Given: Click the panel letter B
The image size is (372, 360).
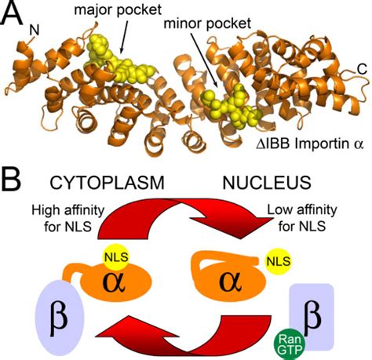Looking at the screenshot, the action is coord(11,181).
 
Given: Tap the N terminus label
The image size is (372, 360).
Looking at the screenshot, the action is coord(34,31).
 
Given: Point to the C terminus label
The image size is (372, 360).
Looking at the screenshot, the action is coord(362,69).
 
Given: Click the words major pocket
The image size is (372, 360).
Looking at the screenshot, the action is coord(118,10).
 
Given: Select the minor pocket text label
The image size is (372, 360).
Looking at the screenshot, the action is coord(207,24).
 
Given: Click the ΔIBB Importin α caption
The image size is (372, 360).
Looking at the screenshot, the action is coord(310,144).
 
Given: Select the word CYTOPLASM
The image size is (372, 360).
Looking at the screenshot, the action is coord(107,182).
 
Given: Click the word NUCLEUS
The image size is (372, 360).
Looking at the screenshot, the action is coord(267,182).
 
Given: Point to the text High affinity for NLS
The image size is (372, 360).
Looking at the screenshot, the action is coord(68,218).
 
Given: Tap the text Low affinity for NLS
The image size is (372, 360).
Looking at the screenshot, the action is coord(302,218).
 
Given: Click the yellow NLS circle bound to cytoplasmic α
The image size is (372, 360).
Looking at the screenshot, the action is coord(116,257).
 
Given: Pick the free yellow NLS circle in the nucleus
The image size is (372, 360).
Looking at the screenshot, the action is coord(279,261).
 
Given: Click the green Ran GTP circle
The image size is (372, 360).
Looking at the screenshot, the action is coord(290,344).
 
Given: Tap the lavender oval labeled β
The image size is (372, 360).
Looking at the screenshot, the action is coord(60,318).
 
